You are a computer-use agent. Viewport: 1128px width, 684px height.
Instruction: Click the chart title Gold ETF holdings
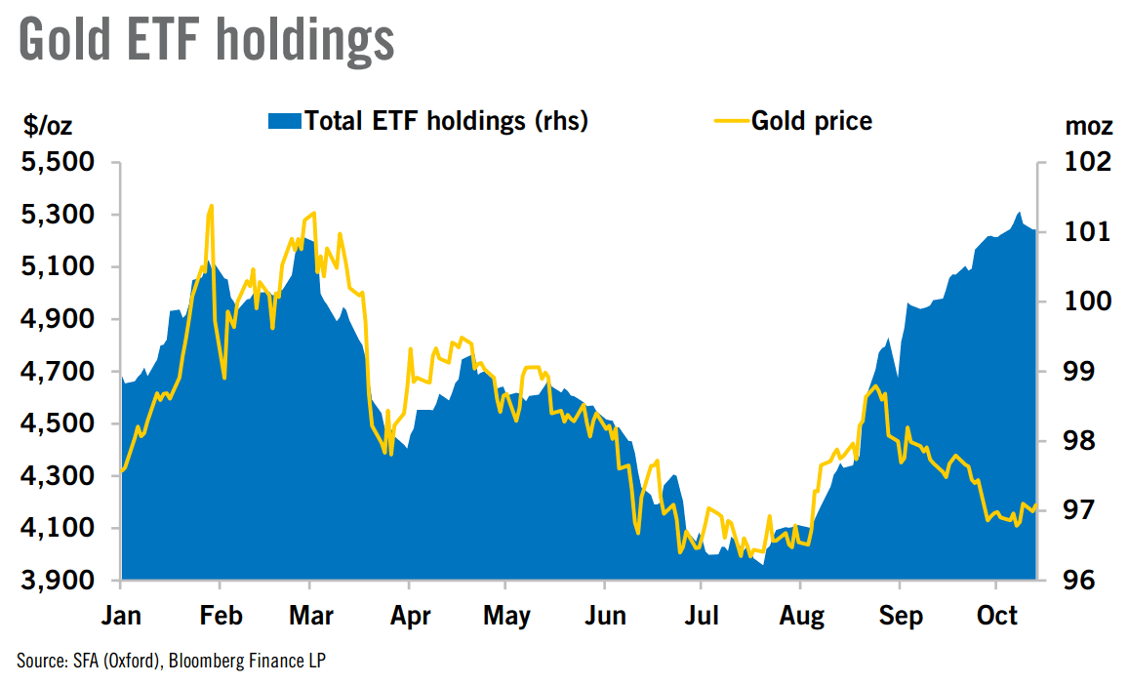tap(207, 40)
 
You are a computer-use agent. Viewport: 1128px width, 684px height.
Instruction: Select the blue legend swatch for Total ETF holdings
tap(284, 121)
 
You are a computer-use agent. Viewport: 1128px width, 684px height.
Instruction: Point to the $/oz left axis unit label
tap(48, 126)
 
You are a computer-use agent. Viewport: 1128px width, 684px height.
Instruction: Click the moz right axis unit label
tap(1088, 127)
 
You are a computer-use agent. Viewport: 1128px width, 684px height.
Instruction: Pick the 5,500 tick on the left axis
tap(59, 162)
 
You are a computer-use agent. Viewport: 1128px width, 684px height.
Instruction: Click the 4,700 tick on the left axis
tap(59, 372)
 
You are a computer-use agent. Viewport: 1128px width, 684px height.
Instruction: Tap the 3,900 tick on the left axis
tap(59, 580)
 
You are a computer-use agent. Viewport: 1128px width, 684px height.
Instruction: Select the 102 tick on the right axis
tap(1088, 161)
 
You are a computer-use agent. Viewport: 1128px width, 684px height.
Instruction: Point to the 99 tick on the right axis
tap(1078, 371)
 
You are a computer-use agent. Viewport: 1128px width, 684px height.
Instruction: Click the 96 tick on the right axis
tap(1078, 580)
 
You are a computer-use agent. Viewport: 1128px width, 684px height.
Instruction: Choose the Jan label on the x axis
tap(121, 617)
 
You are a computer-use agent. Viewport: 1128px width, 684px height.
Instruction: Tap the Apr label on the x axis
tap(410, 617)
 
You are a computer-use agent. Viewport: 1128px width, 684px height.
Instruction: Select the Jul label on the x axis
tap(702, 617)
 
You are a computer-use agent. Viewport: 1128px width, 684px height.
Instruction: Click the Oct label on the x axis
tap(997, 616)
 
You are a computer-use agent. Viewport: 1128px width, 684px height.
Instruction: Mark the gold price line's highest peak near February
tap(211, 206)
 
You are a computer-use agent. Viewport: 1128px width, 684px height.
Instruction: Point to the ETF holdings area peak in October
tap(1019, 212)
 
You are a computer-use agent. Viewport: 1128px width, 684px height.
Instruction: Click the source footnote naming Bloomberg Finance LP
tap(171, 661)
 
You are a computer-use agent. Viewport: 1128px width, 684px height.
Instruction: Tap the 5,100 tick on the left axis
tap(59, 266)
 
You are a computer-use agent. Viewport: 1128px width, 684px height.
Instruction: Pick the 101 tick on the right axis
tap(1088, 231)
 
